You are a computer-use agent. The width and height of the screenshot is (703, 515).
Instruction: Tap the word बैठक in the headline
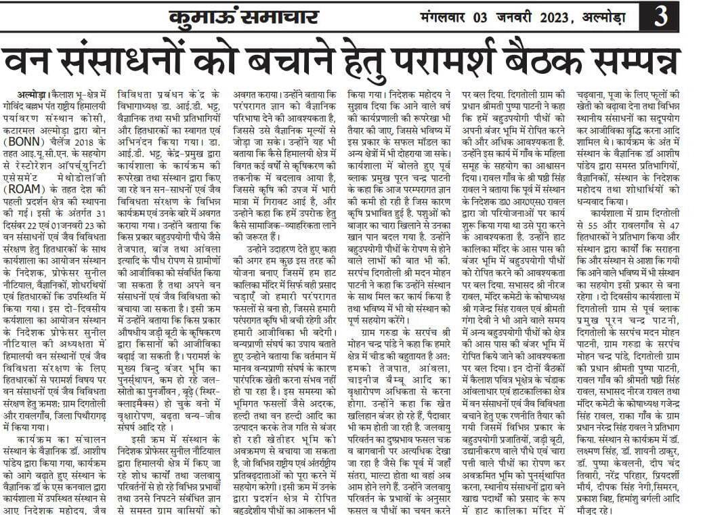coord(541,61)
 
